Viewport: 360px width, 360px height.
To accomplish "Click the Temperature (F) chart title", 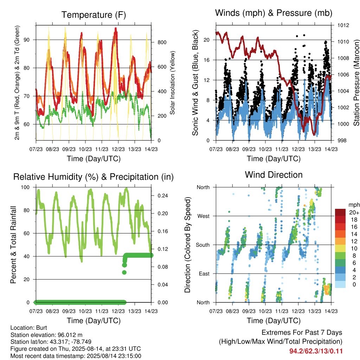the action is click(x=94, y=15).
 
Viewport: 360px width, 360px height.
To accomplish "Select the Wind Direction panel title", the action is click(x=274, y=175).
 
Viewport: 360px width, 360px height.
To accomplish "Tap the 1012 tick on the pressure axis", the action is click(x=343, y=25).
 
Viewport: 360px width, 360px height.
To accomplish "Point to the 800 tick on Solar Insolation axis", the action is click(x=162, y=43).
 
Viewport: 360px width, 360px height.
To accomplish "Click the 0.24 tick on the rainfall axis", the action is click(x=162, y=195).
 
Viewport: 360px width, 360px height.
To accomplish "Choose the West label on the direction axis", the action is click(x=204, y=216).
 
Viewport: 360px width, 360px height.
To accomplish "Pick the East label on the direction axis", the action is click(x=204, y=274).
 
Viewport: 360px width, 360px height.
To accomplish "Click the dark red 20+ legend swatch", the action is click(x=340, y=212).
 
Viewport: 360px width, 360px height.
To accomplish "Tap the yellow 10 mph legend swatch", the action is click(x=340, y=249).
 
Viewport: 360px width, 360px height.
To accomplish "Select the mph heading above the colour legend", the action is click(x=354, y=205).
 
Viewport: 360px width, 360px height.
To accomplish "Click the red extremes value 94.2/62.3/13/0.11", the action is click(x=316, y=351).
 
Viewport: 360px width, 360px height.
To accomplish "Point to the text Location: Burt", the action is click(x=29, y=328).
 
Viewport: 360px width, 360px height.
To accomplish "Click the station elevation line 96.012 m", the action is click(x=46, y=335).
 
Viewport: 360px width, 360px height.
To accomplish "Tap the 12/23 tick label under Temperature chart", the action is click(x=118, y=149).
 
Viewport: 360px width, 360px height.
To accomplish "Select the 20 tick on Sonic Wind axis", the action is click(x=207, y=40).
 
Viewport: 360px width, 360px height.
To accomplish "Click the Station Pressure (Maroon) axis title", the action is click(x=356, y=83).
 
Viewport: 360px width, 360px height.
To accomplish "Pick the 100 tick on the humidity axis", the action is click(x=25, y=187).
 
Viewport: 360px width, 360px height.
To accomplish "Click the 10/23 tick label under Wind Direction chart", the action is click(x=265, y=311).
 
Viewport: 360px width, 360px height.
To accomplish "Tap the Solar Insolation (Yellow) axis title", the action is click(x=172, y=83).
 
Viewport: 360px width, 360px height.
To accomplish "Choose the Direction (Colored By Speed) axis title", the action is click(x=188, y=245).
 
